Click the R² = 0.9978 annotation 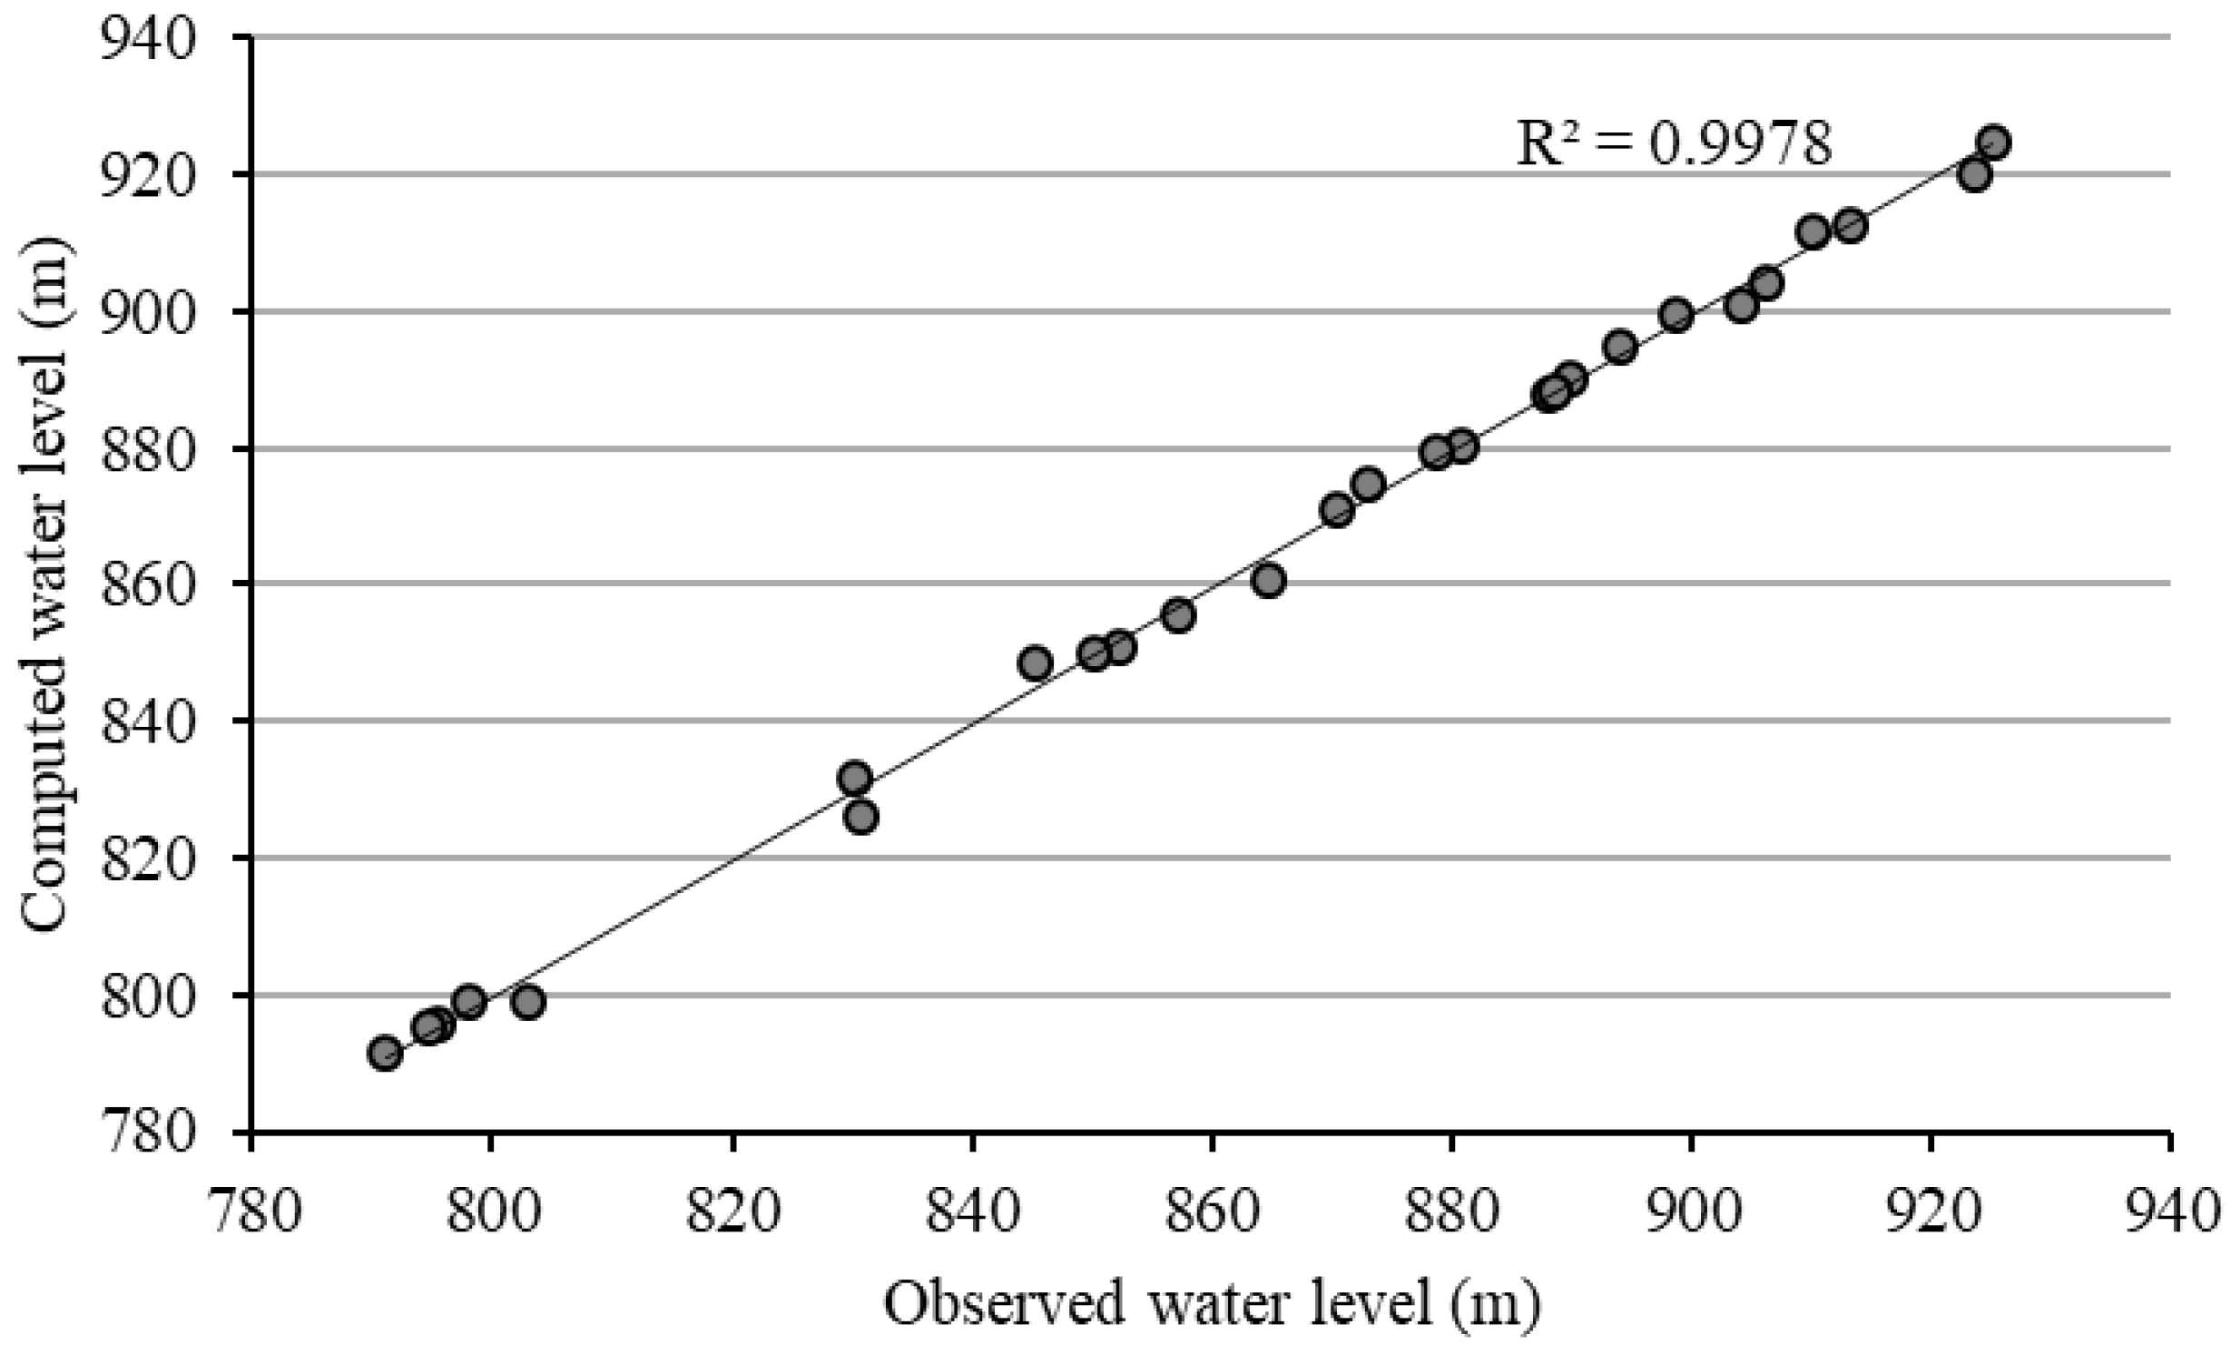[x=1674, y=143]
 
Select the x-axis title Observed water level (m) [x=1212, y=1305]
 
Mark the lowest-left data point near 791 [x=385, y=1054]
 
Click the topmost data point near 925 [x=1993, y=142]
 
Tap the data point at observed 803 [x=528, y=1002]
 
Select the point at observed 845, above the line [x=1035, y=663]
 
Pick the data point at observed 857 [x=1178, y=615]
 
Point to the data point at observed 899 [x=1676, y=315]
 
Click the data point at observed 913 [x=1851, y=226]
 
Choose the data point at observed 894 [x=1620, y=348]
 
